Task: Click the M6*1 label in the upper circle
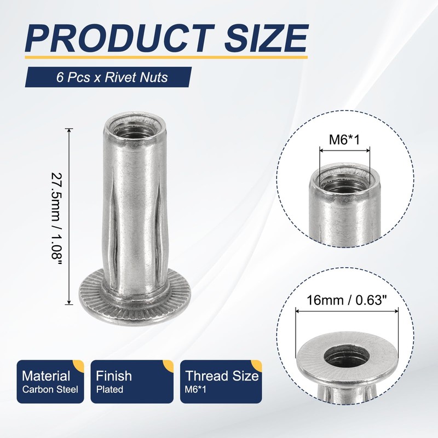pyautogui.click(x=343, y=140)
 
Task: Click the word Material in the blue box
pyautogui.click(x=46, y=376)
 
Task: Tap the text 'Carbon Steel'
pyautogui.click(x=50, y=390)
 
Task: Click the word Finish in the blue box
pyautogui.click(x=114, y=376)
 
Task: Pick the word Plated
pyautogui.click(x=109, y=390)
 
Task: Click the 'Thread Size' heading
pyautogui.click(x=222, y=376)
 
